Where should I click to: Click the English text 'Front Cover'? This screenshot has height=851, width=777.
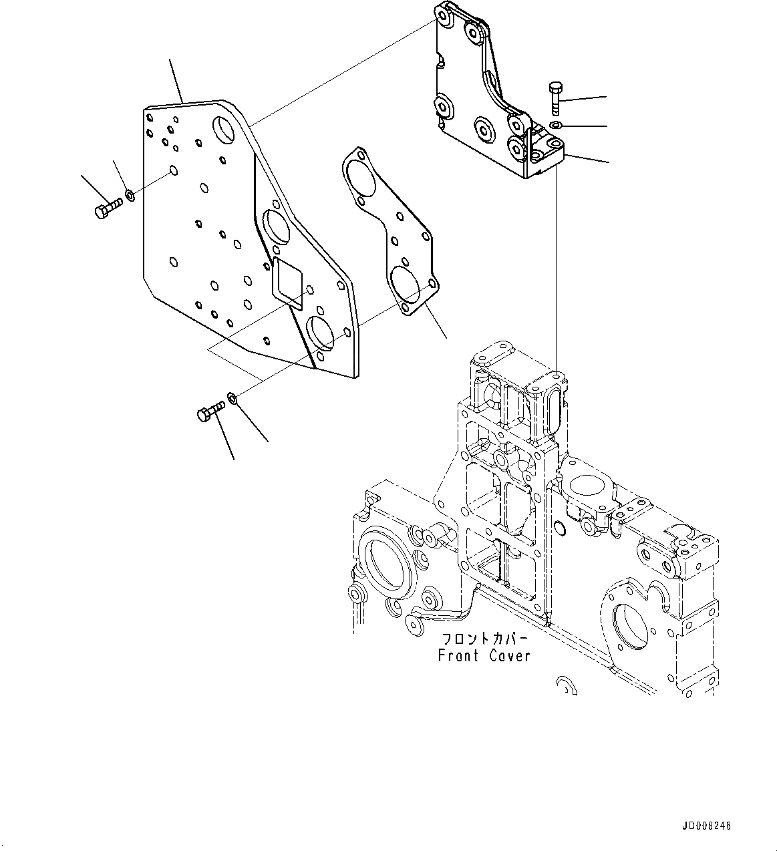pyautogui.click(x=484, y=656)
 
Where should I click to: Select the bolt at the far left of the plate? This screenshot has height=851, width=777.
pyautogui.click(x=106, y=211)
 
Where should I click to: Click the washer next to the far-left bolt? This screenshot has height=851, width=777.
pyautogui.click(x=130, y=196)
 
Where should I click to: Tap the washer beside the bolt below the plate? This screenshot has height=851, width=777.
pyautogui.click(x=232, y=398)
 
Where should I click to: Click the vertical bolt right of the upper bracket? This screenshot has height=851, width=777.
pyautogui.click(x=555, y=98)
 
